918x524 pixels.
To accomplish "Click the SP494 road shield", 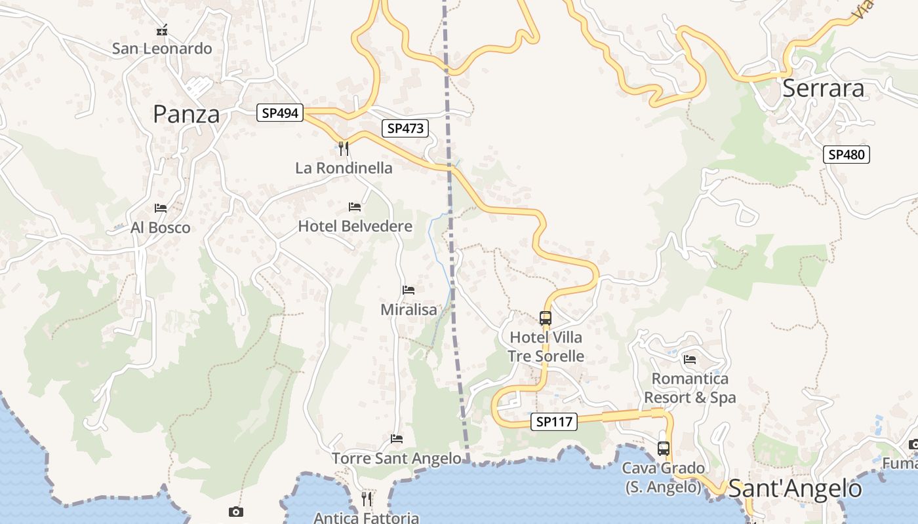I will tap(280, 113).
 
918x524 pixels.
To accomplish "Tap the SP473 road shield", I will tap(405, 128).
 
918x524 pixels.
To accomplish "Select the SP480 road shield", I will tap(847, 155).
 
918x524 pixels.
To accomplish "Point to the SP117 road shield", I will tap(554, 422).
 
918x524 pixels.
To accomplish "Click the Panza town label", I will tap(186, 114).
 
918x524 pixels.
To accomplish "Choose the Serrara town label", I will tap(824, 88).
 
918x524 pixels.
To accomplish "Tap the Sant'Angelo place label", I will tap(795, 489).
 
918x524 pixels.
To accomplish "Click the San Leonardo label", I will tap(162, 48).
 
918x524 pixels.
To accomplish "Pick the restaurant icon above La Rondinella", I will tap(344, 149).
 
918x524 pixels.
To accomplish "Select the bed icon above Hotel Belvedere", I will tap(355, 207).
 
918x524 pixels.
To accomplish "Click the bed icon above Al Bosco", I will tap(161, 208).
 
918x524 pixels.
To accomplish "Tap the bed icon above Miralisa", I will tap(409, 290).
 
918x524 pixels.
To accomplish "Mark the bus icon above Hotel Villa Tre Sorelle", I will tap(546, 318).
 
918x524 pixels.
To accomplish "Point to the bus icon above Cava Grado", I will tap(664, 449).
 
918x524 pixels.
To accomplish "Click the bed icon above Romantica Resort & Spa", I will tap(690, 359).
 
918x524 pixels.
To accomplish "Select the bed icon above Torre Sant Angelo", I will tap(397, 438).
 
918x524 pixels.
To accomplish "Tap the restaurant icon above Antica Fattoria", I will tap(367, 499).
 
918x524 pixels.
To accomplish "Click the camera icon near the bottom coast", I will tap(236, 512).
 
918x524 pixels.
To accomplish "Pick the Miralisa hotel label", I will tap(409, 309).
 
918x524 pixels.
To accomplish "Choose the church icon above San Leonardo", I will tap(162, 30).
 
